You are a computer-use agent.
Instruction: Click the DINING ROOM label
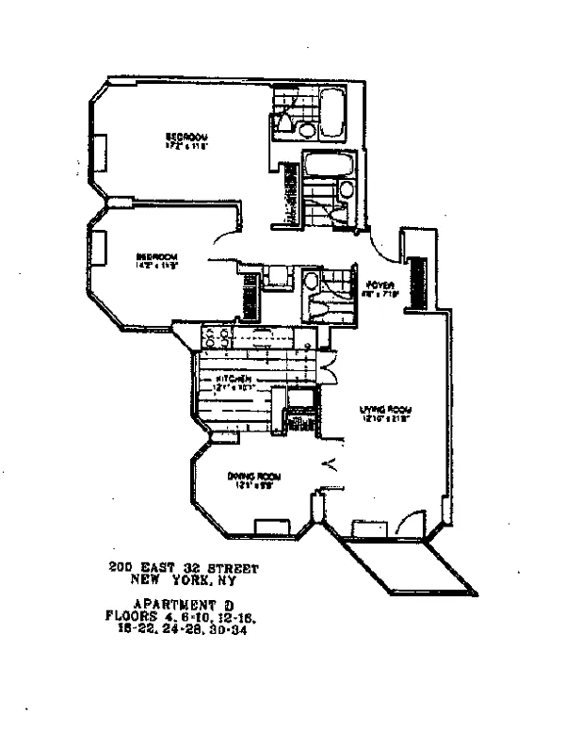coord(248,476)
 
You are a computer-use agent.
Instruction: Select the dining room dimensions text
coord(248,486)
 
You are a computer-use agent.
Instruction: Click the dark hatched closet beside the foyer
coord(424,277)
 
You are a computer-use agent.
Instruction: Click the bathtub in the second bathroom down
coord(325,170)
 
